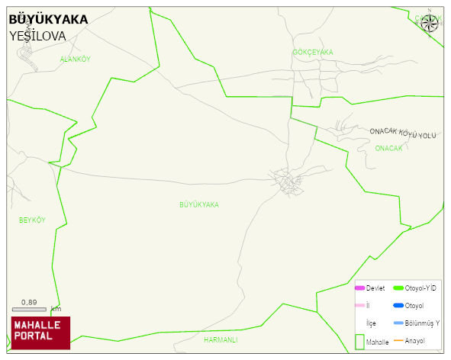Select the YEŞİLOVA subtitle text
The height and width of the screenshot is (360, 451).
37,36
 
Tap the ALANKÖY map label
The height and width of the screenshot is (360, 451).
75,59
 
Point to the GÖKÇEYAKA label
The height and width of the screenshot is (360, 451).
313,52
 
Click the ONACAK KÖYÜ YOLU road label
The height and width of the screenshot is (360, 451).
403,133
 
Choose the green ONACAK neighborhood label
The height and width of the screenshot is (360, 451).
388,148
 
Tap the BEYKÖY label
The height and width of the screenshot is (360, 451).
32,220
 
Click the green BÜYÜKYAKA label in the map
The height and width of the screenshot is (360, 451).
199,205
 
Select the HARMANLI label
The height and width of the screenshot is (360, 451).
221,340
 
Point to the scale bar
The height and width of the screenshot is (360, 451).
29,310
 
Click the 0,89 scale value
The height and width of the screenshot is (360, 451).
29,302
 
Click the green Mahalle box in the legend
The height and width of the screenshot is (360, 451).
359,342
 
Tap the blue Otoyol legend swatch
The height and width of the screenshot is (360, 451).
398,306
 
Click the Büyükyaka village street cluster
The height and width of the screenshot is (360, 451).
290,181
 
